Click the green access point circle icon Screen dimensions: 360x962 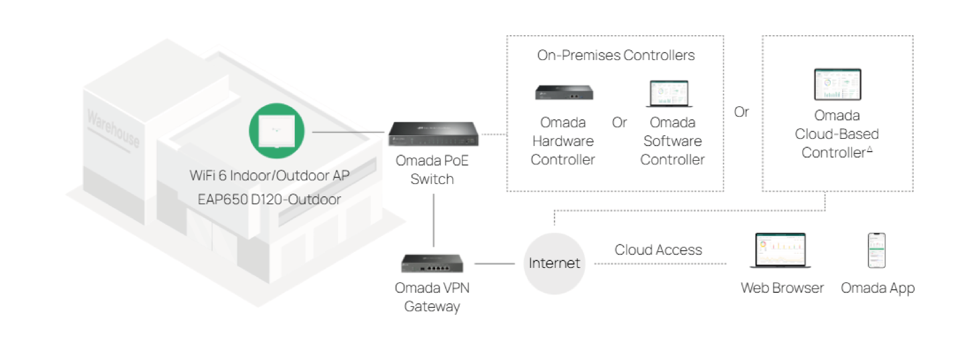click(x=276, y=131)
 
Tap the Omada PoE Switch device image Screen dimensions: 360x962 click(x=433, y=134)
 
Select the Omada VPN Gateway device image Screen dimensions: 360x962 click(x=432, y=263)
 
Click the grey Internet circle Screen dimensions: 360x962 click(x=554, y=263)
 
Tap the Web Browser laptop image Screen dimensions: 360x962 click(x=781, y=250)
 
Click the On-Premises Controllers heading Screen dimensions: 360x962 click(x=615, y=55)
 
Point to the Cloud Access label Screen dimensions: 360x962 click(x=658, y=249)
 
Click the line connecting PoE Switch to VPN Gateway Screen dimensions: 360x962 click(x=433, y=220)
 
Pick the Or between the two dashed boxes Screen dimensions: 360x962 click(x=741, y=112)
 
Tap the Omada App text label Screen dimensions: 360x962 click(x=878, y=288)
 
